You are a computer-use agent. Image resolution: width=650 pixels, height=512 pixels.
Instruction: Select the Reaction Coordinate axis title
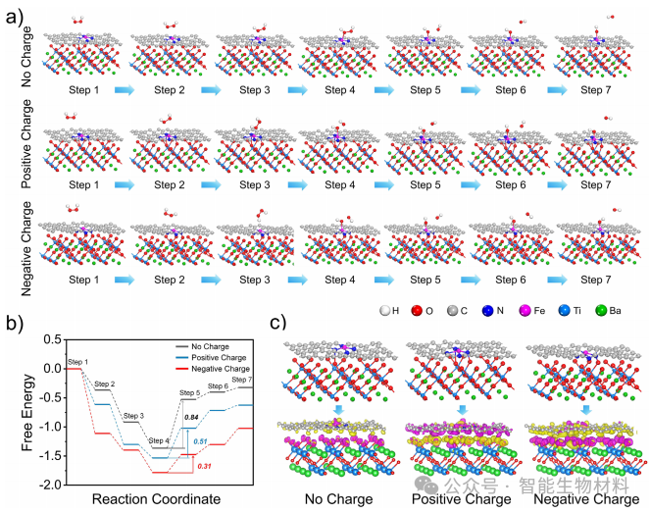[161, 499]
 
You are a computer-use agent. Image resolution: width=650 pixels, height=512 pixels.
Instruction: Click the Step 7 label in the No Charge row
[595, 90]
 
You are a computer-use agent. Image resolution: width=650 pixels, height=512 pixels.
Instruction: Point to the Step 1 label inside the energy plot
[77, 363]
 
